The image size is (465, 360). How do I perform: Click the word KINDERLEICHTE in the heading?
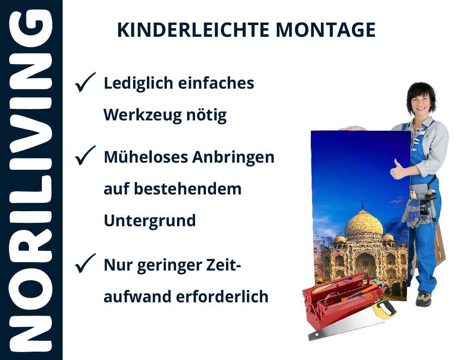193,30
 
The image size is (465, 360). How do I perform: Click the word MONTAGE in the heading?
326,30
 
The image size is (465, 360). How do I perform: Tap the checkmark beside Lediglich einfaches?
85,82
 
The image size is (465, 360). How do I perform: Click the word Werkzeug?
142,115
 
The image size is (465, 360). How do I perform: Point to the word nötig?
206,115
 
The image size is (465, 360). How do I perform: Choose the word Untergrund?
150,221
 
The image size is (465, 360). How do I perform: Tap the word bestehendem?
188,189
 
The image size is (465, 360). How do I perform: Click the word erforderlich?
222,296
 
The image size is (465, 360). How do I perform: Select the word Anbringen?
234,157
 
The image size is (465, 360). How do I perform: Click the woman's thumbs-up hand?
397,170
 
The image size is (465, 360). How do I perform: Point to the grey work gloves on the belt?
411,212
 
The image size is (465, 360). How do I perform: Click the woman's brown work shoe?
423,299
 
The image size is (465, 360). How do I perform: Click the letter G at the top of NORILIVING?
31,29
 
